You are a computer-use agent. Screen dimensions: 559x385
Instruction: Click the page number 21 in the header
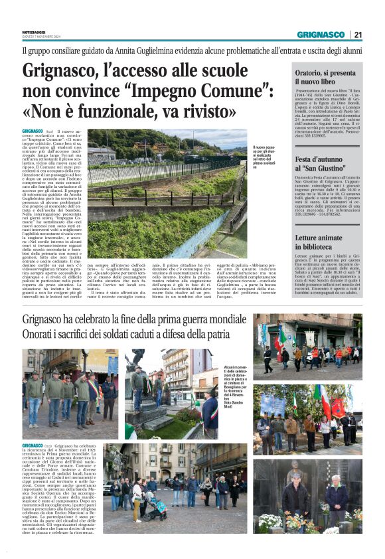[x=358, y=35]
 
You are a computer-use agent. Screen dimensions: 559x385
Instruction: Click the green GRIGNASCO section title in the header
[x=321, y=35]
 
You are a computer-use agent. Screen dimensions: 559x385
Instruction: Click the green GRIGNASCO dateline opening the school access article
[x=32, y=132]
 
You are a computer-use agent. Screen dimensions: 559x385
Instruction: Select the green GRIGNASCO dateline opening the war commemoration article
[x=32, y=445]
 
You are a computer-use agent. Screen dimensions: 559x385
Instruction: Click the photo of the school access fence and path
[x=169, y=193]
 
